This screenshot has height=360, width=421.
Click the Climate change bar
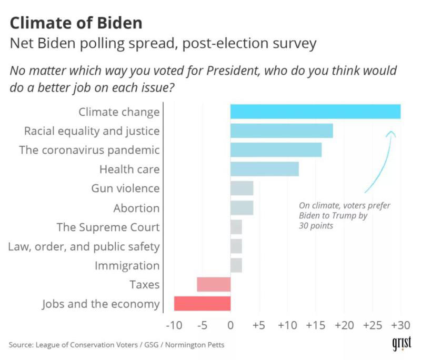(315, 112)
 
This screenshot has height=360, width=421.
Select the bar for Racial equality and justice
(282, 131)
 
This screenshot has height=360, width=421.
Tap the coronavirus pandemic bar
(276, 150)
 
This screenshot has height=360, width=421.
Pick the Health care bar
(265, 169)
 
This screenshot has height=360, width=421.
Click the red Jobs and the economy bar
(202, 304)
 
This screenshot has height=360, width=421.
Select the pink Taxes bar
(214, 285)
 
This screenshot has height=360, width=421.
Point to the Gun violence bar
(242, 188)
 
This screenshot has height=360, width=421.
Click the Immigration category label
(127, 265)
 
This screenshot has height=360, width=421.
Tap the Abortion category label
(136, 208)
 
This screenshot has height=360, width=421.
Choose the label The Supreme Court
(108, 227)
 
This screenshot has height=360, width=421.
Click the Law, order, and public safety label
(84, 246)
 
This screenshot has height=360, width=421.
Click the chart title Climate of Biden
(76, 23)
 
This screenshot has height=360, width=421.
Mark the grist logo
(402, 343)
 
